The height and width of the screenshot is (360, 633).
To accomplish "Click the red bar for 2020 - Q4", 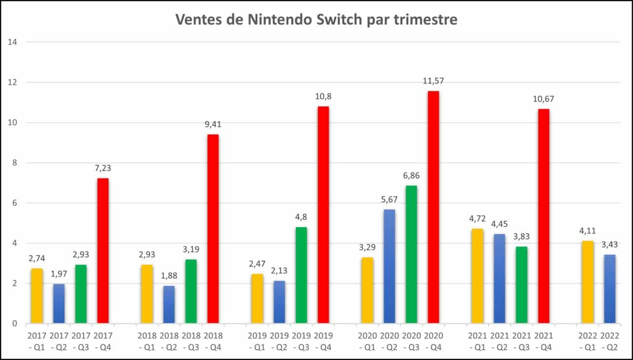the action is click(x=433, y=207).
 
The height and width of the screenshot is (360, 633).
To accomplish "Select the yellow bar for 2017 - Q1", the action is click(x=37, y=296).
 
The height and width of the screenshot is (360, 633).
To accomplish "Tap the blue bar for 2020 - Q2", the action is click(x=389, y=266).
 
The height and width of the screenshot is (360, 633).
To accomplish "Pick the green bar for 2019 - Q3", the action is click(x=301, y=275).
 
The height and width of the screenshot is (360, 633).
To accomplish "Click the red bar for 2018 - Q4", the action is click(x=213, y=229).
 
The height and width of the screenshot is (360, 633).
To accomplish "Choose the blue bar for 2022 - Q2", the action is click(x=610, y=289).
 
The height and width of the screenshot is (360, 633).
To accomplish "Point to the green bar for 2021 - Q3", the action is click(x=521, y=285).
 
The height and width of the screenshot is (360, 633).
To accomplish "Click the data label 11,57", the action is click(x=433, y=81).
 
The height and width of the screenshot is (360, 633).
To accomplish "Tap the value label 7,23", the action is click(x=103, y=168).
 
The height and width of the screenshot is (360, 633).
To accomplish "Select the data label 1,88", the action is click(x=169, y=276).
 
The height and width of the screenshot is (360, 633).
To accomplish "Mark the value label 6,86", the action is click(x=411, y=176).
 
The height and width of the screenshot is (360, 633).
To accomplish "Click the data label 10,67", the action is click(x=543, y=99).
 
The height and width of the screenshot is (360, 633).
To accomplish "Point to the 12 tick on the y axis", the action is click(x=13, y=82).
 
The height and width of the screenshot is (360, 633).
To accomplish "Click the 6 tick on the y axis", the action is click(x=15, y=203).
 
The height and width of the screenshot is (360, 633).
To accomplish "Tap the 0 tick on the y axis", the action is click(x=15, y=323).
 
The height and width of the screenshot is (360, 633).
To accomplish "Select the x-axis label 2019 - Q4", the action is click(x=323, y=341).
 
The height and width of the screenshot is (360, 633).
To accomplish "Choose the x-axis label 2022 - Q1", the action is click(x=588, y=341).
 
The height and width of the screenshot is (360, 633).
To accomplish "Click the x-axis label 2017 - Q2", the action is click(x=59, y=341).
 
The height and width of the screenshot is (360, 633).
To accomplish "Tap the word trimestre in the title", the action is click(x=426, y=19).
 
